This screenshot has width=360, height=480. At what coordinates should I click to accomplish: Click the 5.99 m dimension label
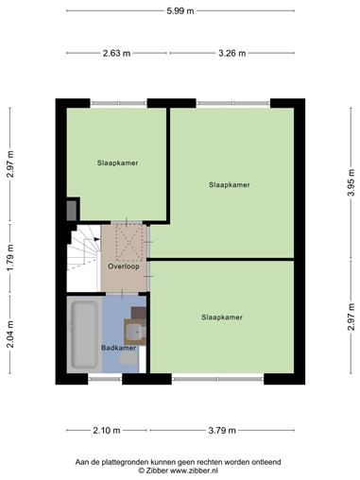(x=180, y=11)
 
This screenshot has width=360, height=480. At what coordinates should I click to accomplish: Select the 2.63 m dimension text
(x=116, y=53)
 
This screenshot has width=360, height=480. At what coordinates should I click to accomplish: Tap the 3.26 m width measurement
(x=232, y=53)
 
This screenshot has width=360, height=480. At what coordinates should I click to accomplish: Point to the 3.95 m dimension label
(x=351, y=182)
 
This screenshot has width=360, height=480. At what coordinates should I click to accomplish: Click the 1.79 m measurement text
(x=10, y=257)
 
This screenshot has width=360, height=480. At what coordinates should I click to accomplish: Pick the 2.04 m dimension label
(x=10, y=334)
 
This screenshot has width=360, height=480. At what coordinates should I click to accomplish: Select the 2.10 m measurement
(x=107, y=430)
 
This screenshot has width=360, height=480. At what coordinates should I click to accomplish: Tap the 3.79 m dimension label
(x=222, y=430)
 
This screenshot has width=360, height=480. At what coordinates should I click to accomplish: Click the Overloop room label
(x=124, y=266)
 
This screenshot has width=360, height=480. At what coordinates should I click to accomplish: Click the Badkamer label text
(x=118, y=348)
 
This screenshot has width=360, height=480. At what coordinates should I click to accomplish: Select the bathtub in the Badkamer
(x=84, y=334)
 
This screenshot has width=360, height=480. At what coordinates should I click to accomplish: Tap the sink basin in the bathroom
(x=135, y=332)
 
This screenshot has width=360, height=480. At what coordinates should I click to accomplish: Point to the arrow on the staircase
(x=96, y=239)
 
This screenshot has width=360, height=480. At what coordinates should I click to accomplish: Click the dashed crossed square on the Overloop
(x=129, y=243)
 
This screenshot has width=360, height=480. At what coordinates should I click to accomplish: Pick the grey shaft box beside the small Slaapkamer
(x=72, y=211)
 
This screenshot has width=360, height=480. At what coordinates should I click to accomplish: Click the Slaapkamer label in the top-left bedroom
(x=117, y=163)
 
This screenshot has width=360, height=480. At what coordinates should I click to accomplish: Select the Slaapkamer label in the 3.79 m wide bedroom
(x=222, y=317)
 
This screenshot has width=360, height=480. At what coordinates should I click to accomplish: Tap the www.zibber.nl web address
(x=194, y=471)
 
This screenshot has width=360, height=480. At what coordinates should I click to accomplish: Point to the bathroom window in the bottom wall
(x=105, y=379)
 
